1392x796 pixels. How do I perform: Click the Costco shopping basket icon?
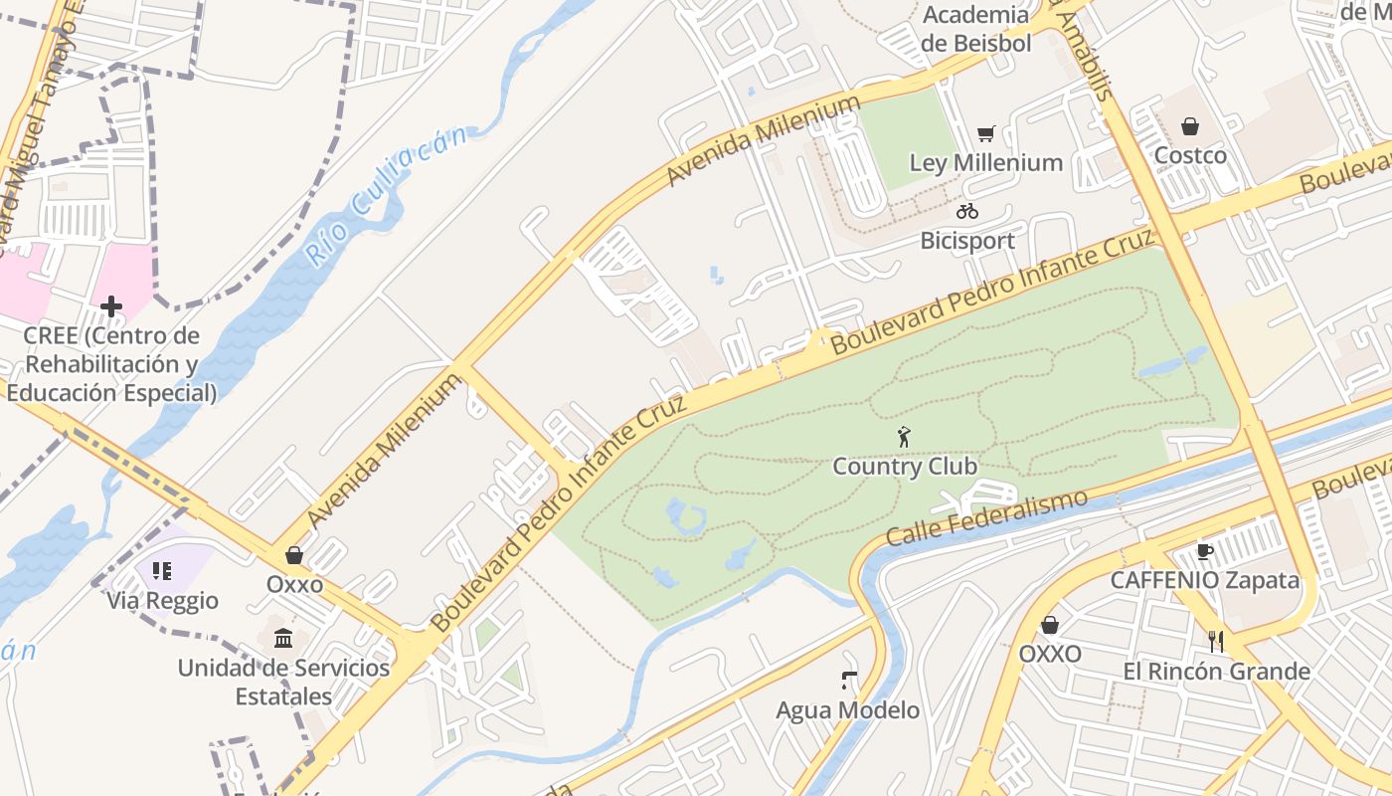1189,126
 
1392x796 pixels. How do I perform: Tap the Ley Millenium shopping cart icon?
986,133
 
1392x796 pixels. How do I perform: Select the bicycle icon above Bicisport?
967,211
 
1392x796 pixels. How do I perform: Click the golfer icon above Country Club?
904,437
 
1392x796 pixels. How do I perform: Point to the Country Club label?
904,466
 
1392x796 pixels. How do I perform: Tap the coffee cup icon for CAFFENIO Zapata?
1204,551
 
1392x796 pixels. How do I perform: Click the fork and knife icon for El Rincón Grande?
1215,641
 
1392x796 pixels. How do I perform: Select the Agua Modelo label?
847,710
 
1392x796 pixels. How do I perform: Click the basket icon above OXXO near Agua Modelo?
1049,625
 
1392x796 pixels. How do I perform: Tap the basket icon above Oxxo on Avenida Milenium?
294,555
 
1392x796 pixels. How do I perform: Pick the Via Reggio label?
162,601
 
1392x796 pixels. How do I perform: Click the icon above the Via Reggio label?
162,571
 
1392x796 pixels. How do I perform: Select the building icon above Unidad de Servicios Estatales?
283,638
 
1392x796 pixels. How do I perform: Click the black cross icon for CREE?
111,306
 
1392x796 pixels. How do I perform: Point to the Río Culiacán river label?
384,195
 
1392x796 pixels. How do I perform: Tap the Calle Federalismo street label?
986,517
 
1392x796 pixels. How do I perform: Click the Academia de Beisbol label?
975,28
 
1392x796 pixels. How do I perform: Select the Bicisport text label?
966,241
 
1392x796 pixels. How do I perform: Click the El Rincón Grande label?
1216,672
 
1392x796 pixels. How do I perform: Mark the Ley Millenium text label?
985,162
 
